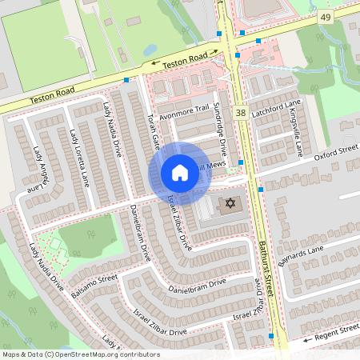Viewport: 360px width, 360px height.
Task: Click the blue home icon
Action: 180,173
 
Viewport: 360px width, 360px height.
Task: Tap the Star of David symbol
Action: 229,205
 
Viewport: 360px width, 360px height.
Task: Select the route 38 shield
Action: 241,115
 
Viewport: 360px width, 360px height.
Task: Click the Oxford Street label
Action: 335,152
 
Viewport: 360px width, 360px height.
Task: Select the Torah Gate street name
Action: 153,130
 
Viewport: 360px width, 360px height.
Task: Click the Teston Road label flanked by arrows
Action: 185,60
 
